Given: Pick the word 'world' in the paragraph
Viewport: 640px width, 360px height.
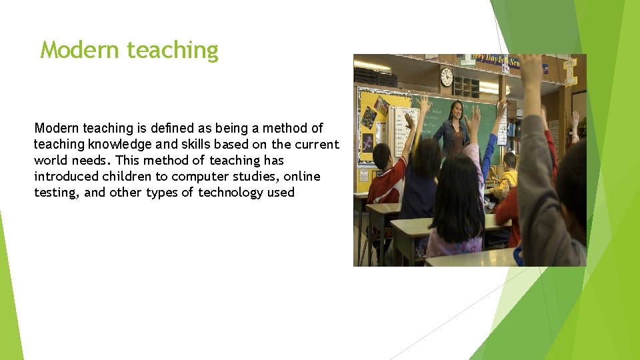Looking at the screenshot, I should (51, 161).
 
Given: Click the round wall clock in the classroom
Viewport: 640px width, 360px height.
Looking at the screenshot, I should (446, 77).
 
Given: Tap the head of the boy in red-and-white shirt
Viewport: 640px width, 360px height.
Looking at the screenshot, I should (381, 157).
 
